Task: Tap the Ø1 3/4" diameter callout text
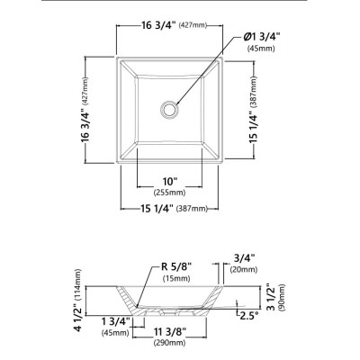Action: click(x=261, y=38)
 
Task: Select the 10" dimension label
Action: click(x=169, y=182)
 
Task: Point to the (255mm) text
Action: click(x=169, y=193)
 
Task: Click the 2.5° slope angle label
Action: click(x=248, y=316)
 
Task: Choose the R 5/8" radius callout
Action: click(x=176, y=266)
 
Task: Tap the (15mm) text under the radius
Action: click(x=176, y=278)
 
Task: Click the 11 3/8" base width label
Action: click(x=170, y=332)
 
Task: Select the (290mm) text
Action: click(x=169, y=342)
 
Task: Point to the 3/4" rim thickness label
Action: click(x=244, y=258)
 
